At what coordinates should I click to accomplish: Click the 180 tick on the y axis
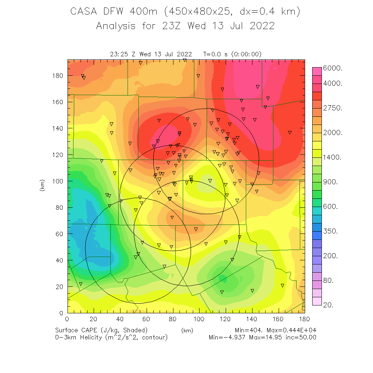[58, 76]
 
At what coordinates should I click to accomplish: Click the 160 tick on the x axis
[278, 320]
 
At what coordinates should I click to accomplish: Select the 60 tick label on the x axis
[146, 320]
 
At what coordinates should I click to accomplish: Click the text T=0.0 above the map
[214, 54]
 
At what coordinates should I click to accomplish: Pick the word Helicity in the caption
[93, 337]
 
